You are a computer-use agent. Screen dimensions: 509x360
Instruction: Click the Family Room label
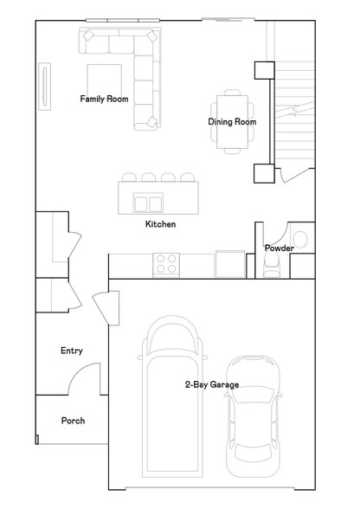pos(104,99)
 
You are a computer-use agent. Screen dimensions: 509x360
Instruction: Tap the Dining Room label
pos(232,122)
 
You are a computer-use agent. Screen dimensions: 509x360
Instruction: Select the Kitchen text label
pos(160,224)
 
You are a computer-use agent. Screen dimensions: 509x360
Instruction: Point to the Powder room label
pos(279,248)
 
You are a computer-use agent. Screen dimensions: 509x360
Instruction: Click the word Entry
pos(72,351)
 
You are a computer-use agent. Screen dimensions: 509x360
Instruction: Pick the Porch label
pos(73,421)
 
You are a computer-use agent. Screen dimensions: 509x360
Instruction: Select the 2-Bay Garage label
pos(211,384)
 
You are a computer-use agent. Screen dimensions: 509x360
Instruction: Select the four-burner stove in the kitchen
pos(165,263)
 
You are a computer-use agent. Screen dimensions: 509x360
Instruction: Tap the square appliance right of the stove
pos(229,263)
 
